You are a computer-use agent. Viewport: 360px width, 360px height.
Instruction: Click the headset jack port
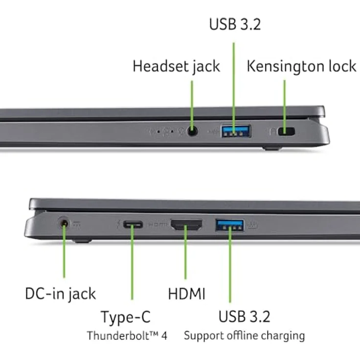pyautogui.click(x=192, y=132)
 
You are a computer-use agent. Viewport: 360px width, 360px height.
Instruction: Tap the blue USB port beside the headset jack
pyautogui.click(x=236, y=131)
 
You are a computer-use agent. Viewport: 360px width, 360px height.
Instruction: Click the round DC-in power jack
pyautogui.click(x=64, y=225)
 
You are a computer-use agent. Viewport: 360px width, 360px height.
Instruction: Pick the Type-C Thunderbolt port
pyautogui.click(x=132, y=225)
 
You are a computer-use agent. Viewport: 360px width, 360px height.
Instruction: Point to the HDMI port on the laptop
pyautogui.click(x=186, y=225)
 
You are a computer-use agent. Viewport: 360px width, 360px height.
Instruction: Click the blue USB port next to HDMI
pyautogui.click(x=230, y=225)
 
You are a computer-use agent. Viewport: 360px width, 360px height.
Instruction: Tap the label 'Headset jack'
pyautogui.click(x=176, y=66)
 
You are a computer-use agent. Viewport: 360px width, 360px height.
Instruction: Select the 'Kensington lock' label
pyautogui.click(x=301, y=66)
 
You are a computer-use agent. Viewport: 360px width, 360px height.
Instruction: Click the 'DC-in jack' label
pyautogui.click(x=60, y=293)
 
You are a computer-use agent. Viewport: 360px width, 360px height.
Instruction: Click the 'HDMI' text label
pyautogui.click(x=186, y=293)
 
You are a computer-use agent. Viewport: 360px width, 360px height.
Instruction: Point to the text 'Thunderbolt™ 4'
pyautogui.click(x=127, y=336)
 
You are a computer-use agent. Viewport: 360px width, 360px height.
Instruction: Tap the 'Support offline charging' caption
pyautogui.click(x=244, y=336)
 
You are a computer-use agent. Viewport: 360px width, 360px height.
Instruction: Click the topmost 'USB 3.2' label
pyautogui.click(x=235, y=24)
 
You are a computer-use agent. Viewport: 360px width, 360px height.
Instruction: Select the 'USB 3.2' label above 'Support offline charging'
pyautogui.click(x=244, y=316)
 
